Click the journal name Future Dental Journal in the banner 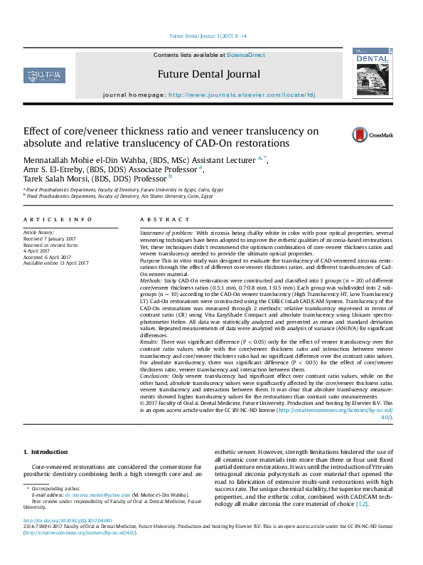[209, 74]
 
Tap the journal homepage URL [242, 94]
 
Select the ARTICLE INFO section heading [58, 220]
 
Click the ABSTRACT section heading [160, 220]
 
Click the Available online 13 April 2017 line [55, 263]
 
